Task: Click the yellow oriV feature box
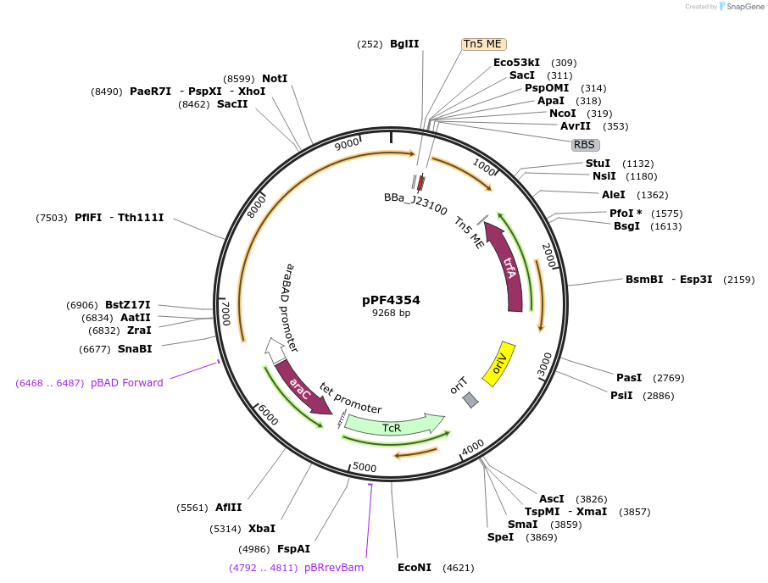(499, 364)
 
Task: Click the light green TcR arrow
(394, 425)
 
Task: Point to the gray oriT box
(470, 399)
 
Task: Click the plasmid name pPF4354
(391, 300)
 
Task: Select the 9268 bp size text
(391, 313)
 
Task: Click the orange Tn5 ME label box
(483, 44)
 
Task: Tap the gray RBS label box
(585, 145)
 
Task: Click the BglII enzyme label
(404, 44)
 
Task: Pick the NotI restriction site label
(275, 79)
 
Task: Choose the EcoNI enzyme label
(415, 568)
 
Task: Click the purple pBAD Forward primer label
(127, 383)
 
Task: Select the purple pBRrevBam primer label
(334, 568)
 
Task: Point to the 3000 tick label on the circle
(544, 364)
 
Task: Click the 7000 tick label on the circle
(225, 314)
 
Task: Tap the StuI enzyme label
(598, 164)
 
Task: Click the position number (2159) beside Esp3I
(738, 280)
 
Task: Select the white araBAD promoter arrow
(275, 349)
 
